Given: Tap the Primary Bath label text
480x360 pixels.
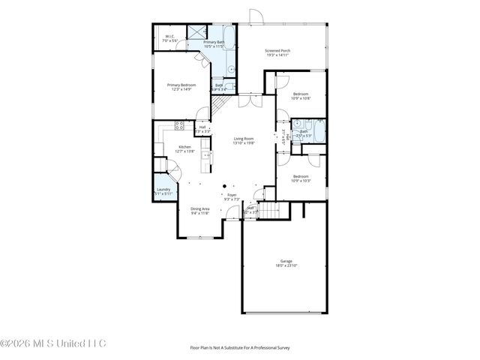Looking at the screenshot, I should tap(214, 44).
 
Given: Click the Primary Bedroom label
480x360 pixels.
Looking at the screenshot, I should tap(181, 87).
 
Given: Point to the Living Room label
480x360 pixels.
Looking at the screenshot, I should tap(244, 140).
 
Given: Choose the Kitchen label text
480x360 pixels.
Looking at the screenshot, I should tap(184, 149).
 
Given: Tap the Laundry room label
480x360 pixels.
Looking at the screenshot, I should tap(163, 191).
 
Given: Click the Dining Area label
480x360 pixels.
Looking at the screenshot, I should tap(199, 211).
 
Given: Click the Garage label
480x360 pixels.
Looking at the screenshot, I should tap(283, 263).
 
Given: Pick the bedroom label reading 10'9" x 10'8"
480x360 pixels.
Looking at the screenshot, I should tap(300, 96).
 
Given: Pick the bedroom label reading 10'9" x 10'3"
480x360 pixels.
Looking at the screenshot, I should tap(300, 179).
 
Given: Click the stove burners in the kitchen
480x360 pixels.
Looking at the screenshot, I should tap(178, 124).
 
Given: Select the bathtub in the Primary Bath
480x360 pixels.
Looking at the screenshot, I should tap(229, 37).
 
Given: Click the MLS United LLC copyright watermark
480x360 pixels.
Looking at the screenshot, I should tap(53, 344).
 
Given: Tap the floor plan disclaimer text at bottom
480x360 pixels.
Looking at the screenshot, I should tap(239, 347).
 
